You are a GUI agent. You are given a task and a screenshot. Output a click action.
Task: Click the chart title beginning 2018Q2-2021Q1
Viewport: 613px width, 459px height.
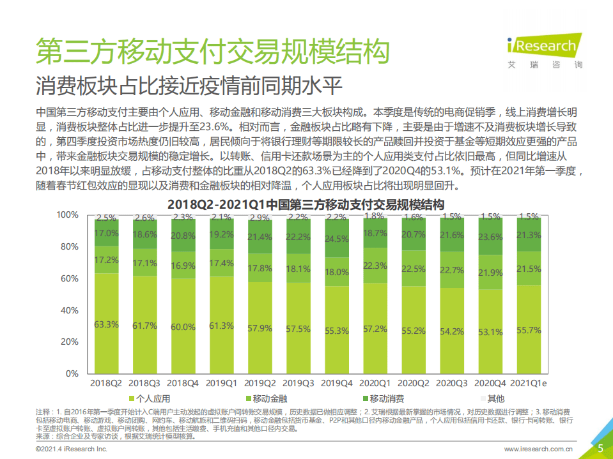pyautogui.click(x=306, y=205)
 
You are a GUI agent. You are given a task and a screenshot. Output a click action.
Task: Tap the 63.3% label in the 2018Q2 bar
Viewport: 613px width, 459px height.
pyautogui.click(x=106, y=324)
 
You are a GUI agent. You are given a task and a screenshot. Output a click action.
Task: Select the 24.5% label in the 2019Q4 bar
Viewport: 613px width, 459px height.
pyautogui.click(x=336, y=239)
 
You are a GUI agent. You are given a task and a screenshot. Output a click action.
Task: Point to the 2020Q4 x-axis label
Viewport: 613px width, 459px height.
pyautogui.click(x=490, y=383)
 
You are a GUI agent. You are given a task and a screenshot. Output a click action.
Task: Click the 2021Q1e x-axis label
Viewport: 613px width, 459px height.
pyautogui.click(x=528, y=383)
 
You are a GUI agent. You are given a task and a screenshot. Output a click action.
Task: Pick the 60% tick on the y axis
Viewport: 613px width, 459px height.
pyautogui.click(x=68, y=278)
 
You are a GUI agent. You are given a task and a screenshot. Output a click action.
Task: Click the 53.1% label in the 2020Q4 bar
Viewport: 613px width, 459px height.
pyautogui.click(x=490, y=332)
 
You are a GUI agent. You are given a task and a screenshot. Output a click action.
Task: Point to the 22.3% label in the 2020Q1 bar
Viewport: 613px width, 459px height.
pyautogui.click(x=375, y=266)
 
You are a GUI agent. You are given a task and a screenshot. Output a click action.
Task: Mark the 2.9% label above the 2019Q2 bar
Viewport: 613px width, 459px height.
pyautogui.click(x=260, y=218)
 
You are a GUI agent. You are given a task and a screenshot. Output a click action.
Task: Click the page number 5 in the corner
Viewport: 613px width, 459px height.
pyautogui.click(x=600, y=448)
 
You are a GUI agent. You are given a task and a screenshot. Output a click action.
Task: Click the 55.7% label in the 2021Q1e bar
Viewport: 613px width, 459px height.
pyautogui.click(x=528, y=330)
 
